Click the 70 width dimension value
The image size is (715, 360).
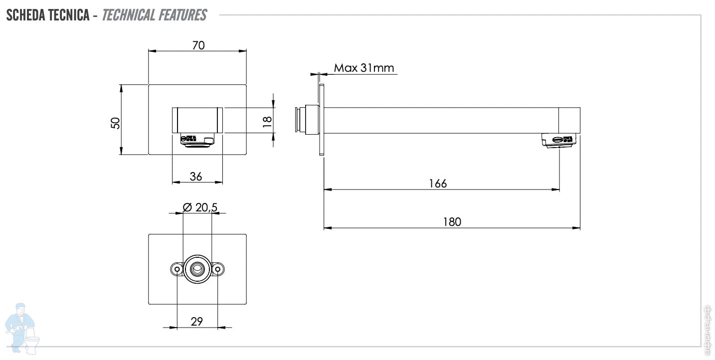(198, 45)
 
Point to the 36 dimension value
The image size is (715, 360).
(196, 177)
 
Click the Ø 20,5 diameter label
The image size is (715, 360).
(199, 208)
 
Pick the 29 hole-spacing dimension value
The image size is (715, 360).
(197, 322)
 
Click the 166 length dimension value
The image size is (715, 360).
(438, 183)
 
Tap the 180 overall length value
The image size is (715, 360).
(452, 222)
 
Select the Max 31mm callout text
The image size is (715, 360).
(364, 68)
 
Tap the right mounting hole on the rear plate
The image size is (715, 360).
(217, 269)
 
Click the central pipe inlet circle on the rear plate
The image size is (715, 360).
(197, 269)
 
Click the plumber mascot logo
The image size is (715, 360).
(22, 327)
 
